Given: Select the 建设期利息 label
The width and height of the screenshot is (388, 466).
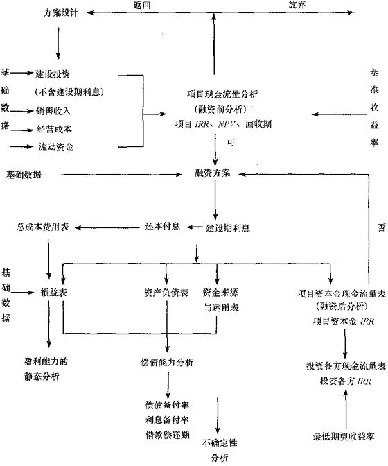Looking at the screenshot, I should click(228, 227).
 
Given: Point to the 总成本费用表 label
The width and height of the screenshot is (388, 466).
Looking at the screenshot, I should click(48, 227).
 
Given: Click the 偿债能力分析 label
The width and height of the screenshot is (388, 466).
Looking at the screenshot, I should click(166, 363).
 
